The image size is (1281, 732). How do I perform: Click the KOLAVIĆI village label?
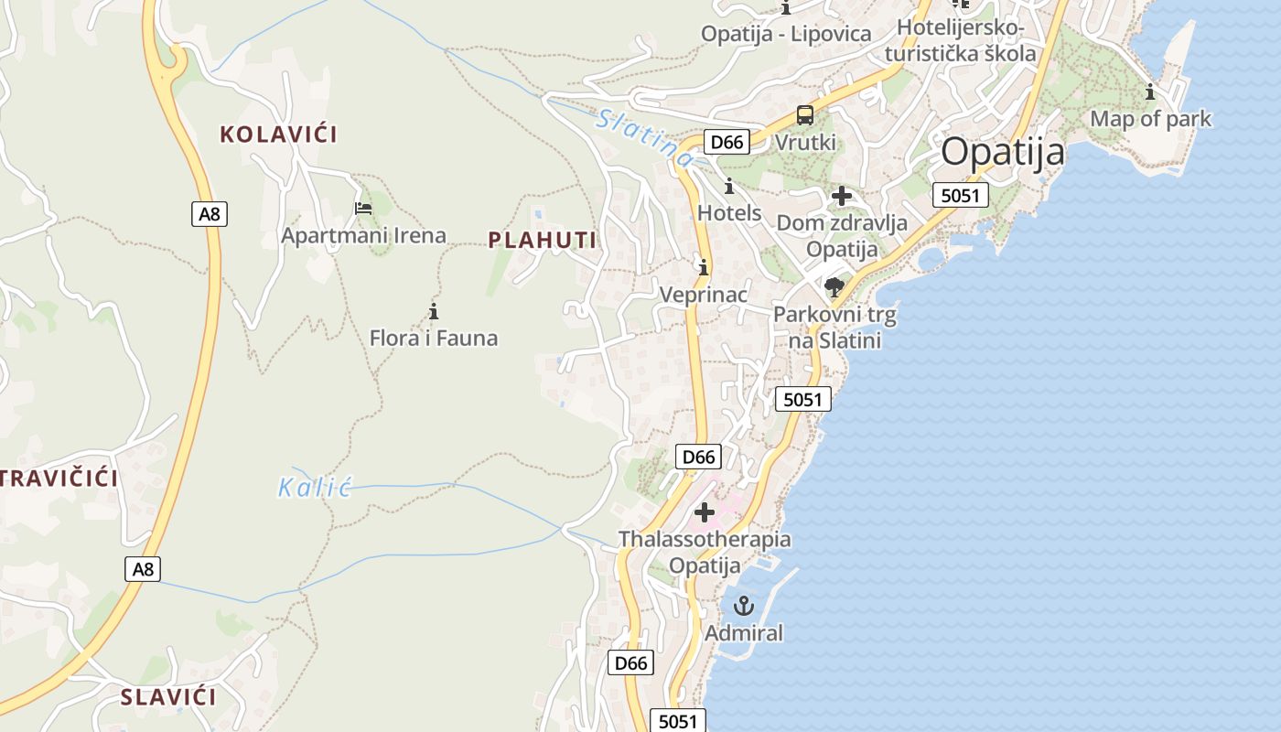click(x=278, y=135)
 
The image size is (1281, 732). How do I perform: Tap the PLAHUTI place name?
click(x=542, y=241)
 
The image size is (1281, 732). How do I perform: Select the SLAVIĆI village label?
click(x=168, y=697)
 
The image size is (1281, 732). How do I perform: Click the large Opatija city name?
click(x=1003, y=151)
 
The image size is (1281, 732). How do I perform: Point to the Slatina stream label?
click(x=644, y=138)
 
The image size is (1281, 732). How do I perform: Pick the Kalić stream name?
click(x=315, y=487)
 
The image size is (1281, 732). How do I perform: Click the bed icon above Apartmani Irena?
click(x=363, y=209)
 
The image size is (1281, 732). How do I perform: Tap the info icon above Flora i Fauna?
click(x=434, y=312)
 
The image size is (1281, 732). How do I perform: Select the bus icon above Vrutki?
click(x=805, y=115)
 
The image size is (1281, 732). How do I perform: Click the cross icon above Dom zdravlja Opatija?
click(x=841, y=196)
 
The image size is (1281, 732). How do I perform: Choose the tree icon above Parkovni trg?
click(x=834, y=288)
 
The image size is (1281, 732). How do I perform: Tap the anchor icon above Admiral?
click(x=743, y=606)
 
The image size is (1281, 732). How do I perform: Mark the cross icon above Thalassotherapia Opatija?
click(x=704, y=512)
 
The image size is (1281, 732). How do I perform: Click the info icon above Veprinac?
click(x=703, y=268)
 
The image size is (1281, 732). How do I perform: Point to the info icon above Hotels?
click(x=729, y=187)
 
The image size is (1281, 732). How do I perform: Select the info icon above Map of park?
click(x=1150, y=91)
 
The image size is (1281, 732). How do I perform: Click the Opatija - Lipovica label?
click(x=786, y=34)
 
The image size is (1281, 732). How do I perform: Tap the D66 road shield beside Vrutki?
click(x=727, y=142)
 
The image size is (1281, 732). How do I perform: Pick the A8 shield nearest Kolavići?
click(x=210, y=214)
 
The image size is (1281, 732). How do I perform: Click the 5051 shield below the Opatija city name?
click(x=961, y=195)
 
